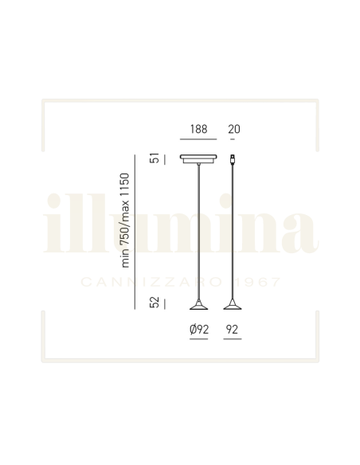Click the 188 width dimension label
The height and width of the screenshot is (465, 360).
coord(198,129)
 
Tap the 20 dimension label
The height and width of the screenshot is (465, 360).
coord(234,129)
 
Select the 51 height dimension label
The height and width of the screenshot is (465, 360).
coord(155,158)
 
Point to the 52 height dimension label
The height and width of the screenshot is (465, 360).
coord(155,303)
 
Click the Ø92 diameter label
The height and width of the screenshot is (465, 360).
coord(199,330)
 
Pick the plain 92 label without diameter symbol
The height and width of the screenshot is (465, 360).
coord(232,330)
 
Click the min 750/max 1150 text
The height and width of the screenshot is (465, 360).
coord(125,221)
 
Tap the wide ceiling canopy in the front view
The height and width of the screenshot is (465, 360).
coord(198,158)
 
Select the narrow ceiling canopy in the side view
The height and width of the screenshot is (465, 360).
coord(233,159)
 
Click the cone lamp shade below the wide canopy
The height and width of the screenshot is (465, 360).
coord(198,305)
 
